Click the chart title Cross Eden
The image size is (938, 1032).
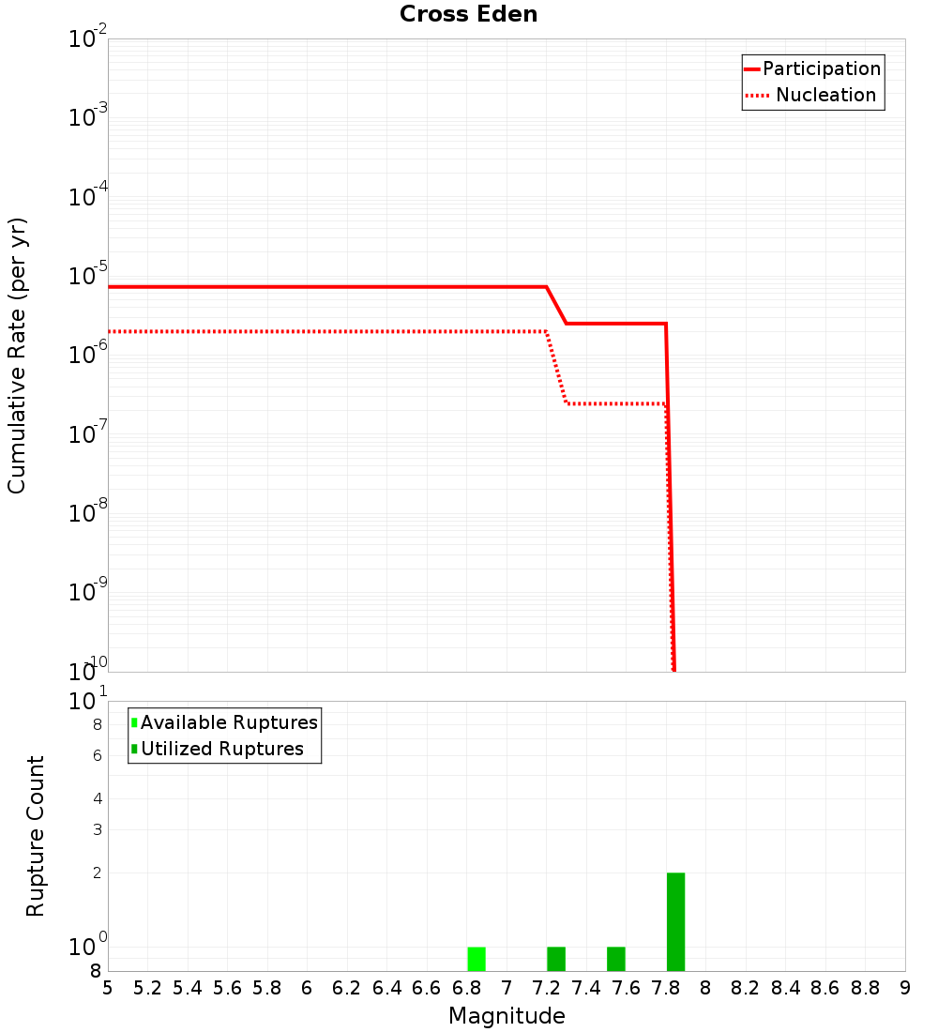(x=468, y=14)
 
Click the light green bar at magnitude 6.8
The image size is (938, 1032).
(x=477, y=959)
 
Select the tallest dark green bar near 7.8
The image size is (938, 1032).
(x=675, y=921)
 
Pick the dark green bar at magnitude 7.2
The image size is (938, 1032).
(x=556, y=959)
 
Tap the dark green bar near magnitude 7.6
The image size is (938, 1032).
(x=615, y=959)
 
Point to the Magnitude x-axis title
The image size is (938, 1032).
(x=507, y=1016)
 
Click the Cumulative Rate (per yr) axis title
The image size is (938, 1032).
(x=17, y=356)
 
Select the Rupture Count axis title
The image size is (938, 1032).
(x=36, y=836)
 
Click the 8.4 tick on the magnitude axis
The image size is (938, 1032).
(x=785, y=988)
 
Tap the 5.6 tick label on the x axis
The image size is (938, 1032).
(x=227, y=988)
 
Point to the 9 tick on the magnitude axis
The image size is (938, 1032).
(x=905, y=988)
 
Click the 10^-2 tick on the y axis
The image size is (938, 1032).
(x=88, y=39)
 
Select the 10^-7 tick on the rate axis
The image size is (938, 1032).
(x=88, y=434)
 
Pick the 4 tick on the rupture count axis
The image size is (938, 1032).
(x=97, y=798)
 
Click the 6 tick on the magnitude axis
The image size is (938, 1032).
(x=307, y=988)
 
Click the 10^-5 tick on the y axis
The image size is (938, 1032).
(x=88, y=277)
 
